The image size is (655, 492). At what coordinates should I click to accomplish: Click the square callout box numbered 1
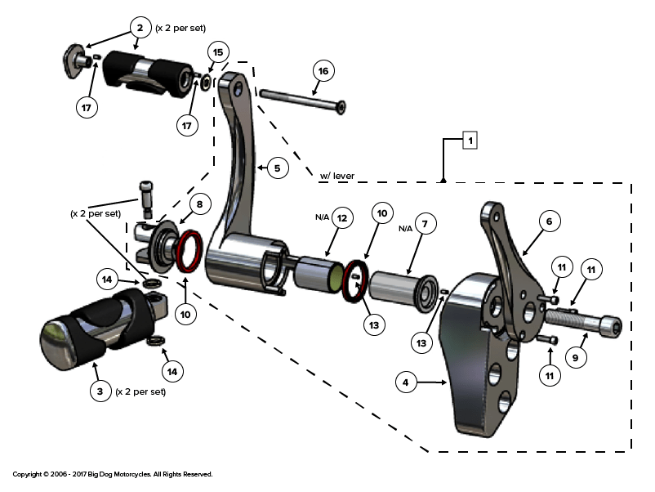coord(470,140)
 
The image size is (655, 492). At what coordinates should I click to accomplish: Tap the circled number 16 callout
coord(323,71)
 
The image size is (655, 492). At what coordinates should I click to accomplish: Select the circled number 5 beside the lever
coord(278,168)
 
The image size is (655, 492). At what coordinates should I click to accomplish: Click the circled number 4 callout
coord(406,382)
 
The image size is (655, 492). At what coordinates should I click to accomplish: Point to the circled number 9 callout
coord(576,358)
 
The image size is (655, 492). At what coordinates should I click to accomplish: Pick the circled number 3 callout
coord(100,391)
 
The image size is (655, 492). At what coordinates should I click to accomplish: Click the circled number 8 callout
coord(199,204)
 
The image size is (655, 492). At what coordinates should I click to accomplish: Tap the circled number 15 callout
coord(218,52)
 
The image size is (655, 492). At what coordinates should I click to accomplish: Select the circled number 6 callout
coord(550,221)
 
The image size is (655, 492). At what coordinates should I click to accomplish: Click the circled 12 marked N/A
coord(342,217)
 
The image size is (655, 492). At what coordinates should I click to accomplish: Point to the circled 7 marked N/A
coord(425,224)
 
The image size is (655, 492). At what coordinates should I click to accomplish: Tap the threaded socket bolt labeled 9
coord(584,323)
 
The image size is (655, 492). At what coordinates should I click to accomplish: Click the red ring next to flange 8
coord(189,251)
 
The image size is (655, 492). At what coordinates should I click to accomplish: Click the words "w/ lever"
coord(337,176)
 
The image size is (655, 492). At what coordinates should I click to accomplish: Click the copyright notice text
coord(113,474)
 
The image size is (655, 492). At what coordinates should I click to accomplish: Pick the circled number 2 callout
coord(140,28)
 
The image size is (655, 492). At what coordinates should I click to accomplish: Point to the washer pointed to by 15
coord(207,83)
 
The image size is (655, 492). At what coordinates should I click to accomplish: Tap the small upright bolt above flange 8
coord(146,199)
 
